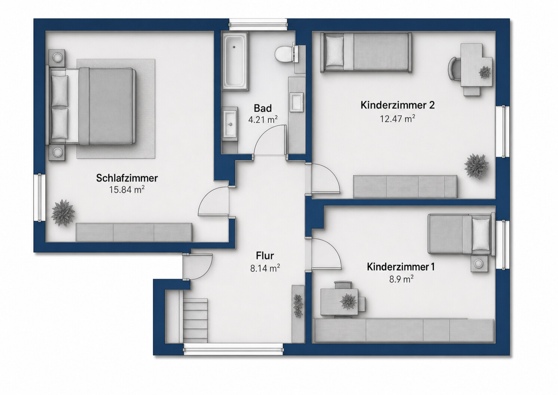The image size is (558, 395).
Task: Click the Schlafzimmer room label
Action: (127, 178)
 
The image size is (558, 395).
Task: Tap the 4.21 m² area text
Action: (263, 120)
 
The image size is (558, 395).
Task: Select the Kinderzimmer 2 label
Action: (397, 105)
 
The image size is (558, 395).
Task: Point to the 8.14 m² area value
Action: (265, 268)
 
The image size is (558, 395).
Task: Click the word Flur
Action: (265, 256)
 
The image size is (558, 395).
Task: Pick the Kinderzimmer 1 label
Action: (400, 267)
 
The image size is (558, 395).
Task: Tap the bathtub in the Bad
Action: (235, 61)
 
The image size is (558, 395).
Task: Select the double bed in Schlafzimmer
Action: (92, 106)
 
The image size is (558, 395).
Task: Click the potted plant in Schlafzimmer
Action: (62, 213)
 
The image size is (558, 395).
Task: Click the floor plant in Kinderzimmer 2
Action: (476, 166)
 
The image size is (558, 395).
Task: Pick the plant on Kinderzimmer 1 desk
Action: (348, 301)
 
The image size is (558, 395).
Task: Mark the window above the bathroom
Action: (258, 25)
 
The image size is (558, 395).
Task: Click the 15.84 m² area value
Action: (127, 190)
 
